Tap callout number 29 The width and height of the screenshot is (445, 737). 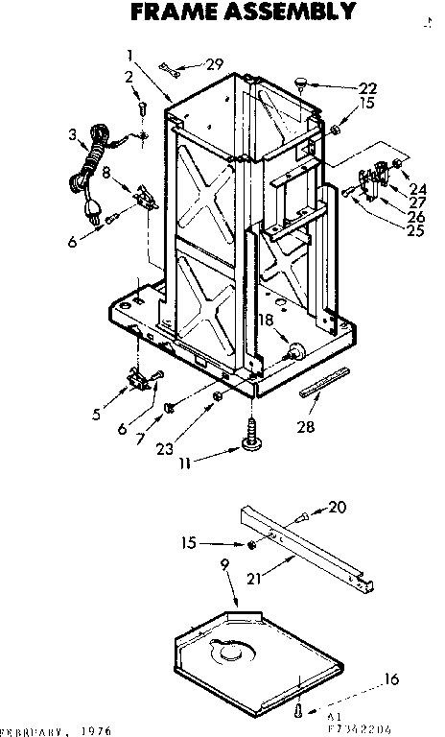(x=215, y=64)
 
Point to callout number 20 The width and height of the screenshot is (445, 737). (x=337, y=507)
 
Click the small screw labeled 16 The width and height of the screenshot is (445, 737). (x=299, y=711)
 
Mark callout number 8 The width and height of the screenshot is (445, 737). (x=106, y=174)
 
